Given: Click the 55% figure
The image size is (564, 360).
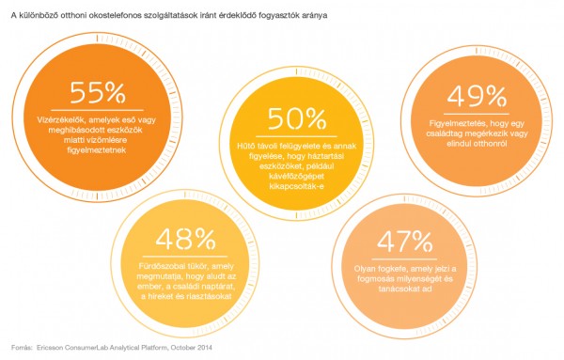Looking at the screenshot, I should (x=98, y=93).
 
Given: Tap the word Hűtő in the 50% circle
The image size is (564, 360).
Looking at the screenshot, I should (x=254, y=148).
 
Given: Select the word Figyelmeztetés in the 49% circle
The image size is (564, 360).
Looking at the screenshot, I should (x=445, y=122).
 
